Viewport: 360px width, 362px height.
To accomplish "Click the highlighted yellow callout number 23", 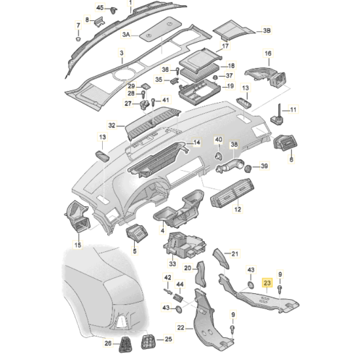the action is coord(267,282).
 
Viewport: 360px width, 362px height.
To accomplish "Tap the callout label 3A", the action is coord(126,35).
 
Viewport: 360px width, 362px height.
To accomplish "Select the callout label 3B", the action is coord(267,30).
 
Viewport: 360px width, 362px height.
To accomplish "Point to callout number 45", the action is coord(100,8).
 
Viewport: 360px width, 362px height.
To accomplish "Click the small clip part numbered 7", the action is coord(78,38).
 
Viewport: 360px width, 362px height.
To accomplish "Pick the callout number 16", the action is coord(268,53).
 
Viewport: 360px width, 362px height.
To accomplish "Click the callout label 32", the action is coord(112,125).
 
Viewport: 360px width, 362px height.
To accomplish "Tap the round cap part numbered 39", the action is coord(248,169).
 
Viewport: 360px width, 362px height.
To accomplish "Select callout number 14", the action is coord(197,143).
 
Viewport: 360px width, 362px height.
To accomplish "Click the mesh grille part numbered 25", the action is coord(148,342).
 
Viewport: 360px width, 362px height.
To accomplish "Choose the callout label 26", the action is coord(108,342).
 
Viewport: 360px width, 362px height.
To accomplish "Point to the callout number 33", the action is coord(172,264).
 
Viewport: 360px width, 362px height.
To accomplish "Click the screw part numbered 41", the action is coord(153,102).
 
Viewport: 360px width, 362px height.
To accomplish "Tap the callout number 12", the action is coord(238,209).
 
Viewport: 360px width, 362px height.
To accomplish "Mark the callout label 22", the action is coord(180,328).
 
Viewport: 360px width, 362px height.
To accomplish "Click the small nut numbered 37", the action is coord(214,77).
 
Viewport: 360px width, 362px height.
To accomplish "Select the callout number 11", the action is coord(293,110).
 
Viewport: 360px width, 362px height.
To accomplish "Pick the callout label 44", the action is coord(180,285).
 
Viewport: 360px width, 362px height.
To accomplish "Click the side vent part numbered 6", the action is coord(285,143).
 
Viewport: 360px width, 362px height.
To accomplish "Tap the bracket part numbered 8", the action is coord(99,21).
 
